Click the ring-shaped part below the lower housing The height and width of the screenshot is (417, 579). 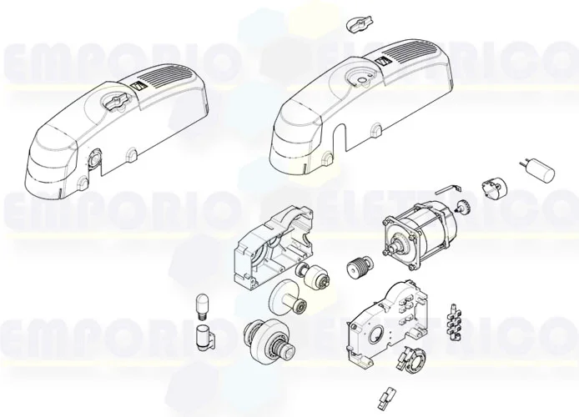click(414, 361)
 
